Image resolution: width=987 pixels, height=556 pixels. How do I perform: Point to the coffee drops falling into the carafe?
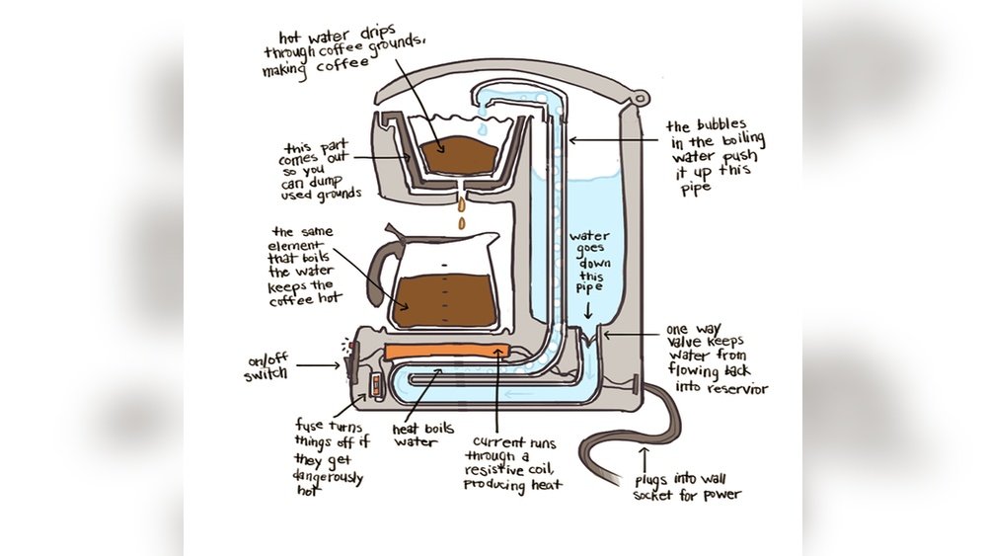pos(459,212)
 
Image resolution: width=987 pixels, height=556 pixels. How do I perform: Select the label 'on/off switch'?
pos(267,367)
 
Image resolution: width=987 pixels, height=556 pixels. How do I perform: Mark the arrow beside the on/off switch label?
pos(318,366)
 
